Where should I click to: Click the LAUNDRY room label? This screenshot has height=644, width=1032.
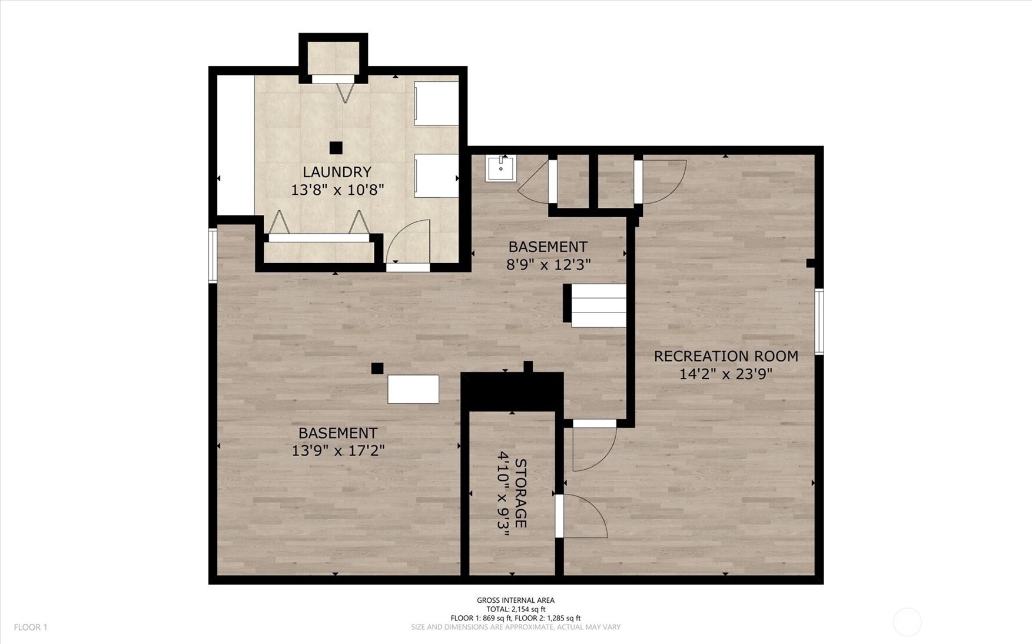point(337,172)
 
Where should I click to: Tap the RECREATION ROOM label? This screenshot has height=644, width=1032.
point(726,356)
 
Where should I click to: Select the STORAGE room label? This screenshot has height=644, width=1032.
point(520,493)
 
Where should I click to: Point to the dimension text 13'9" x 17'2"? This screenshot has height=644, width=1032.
point(338,451)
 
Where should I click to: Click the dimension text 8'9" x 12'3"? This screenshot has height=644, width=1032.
point(548,265)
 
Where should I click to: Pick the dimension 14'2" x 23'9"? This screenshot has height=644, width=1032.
point(726,374)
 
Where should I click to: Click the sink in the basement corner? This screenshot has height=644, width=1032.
point(501,168)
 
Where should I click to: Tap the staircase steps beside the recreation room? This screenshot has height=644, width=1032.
point(599,306)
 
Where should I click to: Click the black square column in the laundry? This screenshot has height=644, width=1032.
point(336,148)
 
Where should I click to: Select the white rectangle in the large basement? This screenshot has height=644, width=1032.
point(413,389)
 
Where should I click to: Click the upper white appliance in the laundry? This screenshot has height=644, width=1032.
point(436,103)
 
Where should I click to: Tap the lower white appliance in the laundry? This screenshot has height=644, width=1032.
point(436,175)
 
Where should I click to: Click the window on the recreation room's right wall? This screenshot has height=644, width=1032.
point(819,321)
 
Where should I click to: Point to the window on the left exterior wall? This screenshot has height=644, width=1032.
point(213,256)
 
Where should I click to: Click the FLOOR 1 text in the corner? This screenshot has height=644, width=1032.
point(31,628)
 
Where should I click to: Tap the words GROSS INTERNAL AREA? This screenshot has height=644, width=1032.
point(516,600)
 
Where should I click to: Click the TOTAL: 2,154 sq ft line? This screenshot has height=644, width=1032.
point(516,609)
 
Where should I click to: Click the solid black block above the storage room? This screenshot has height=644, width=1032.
point(512,391)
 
